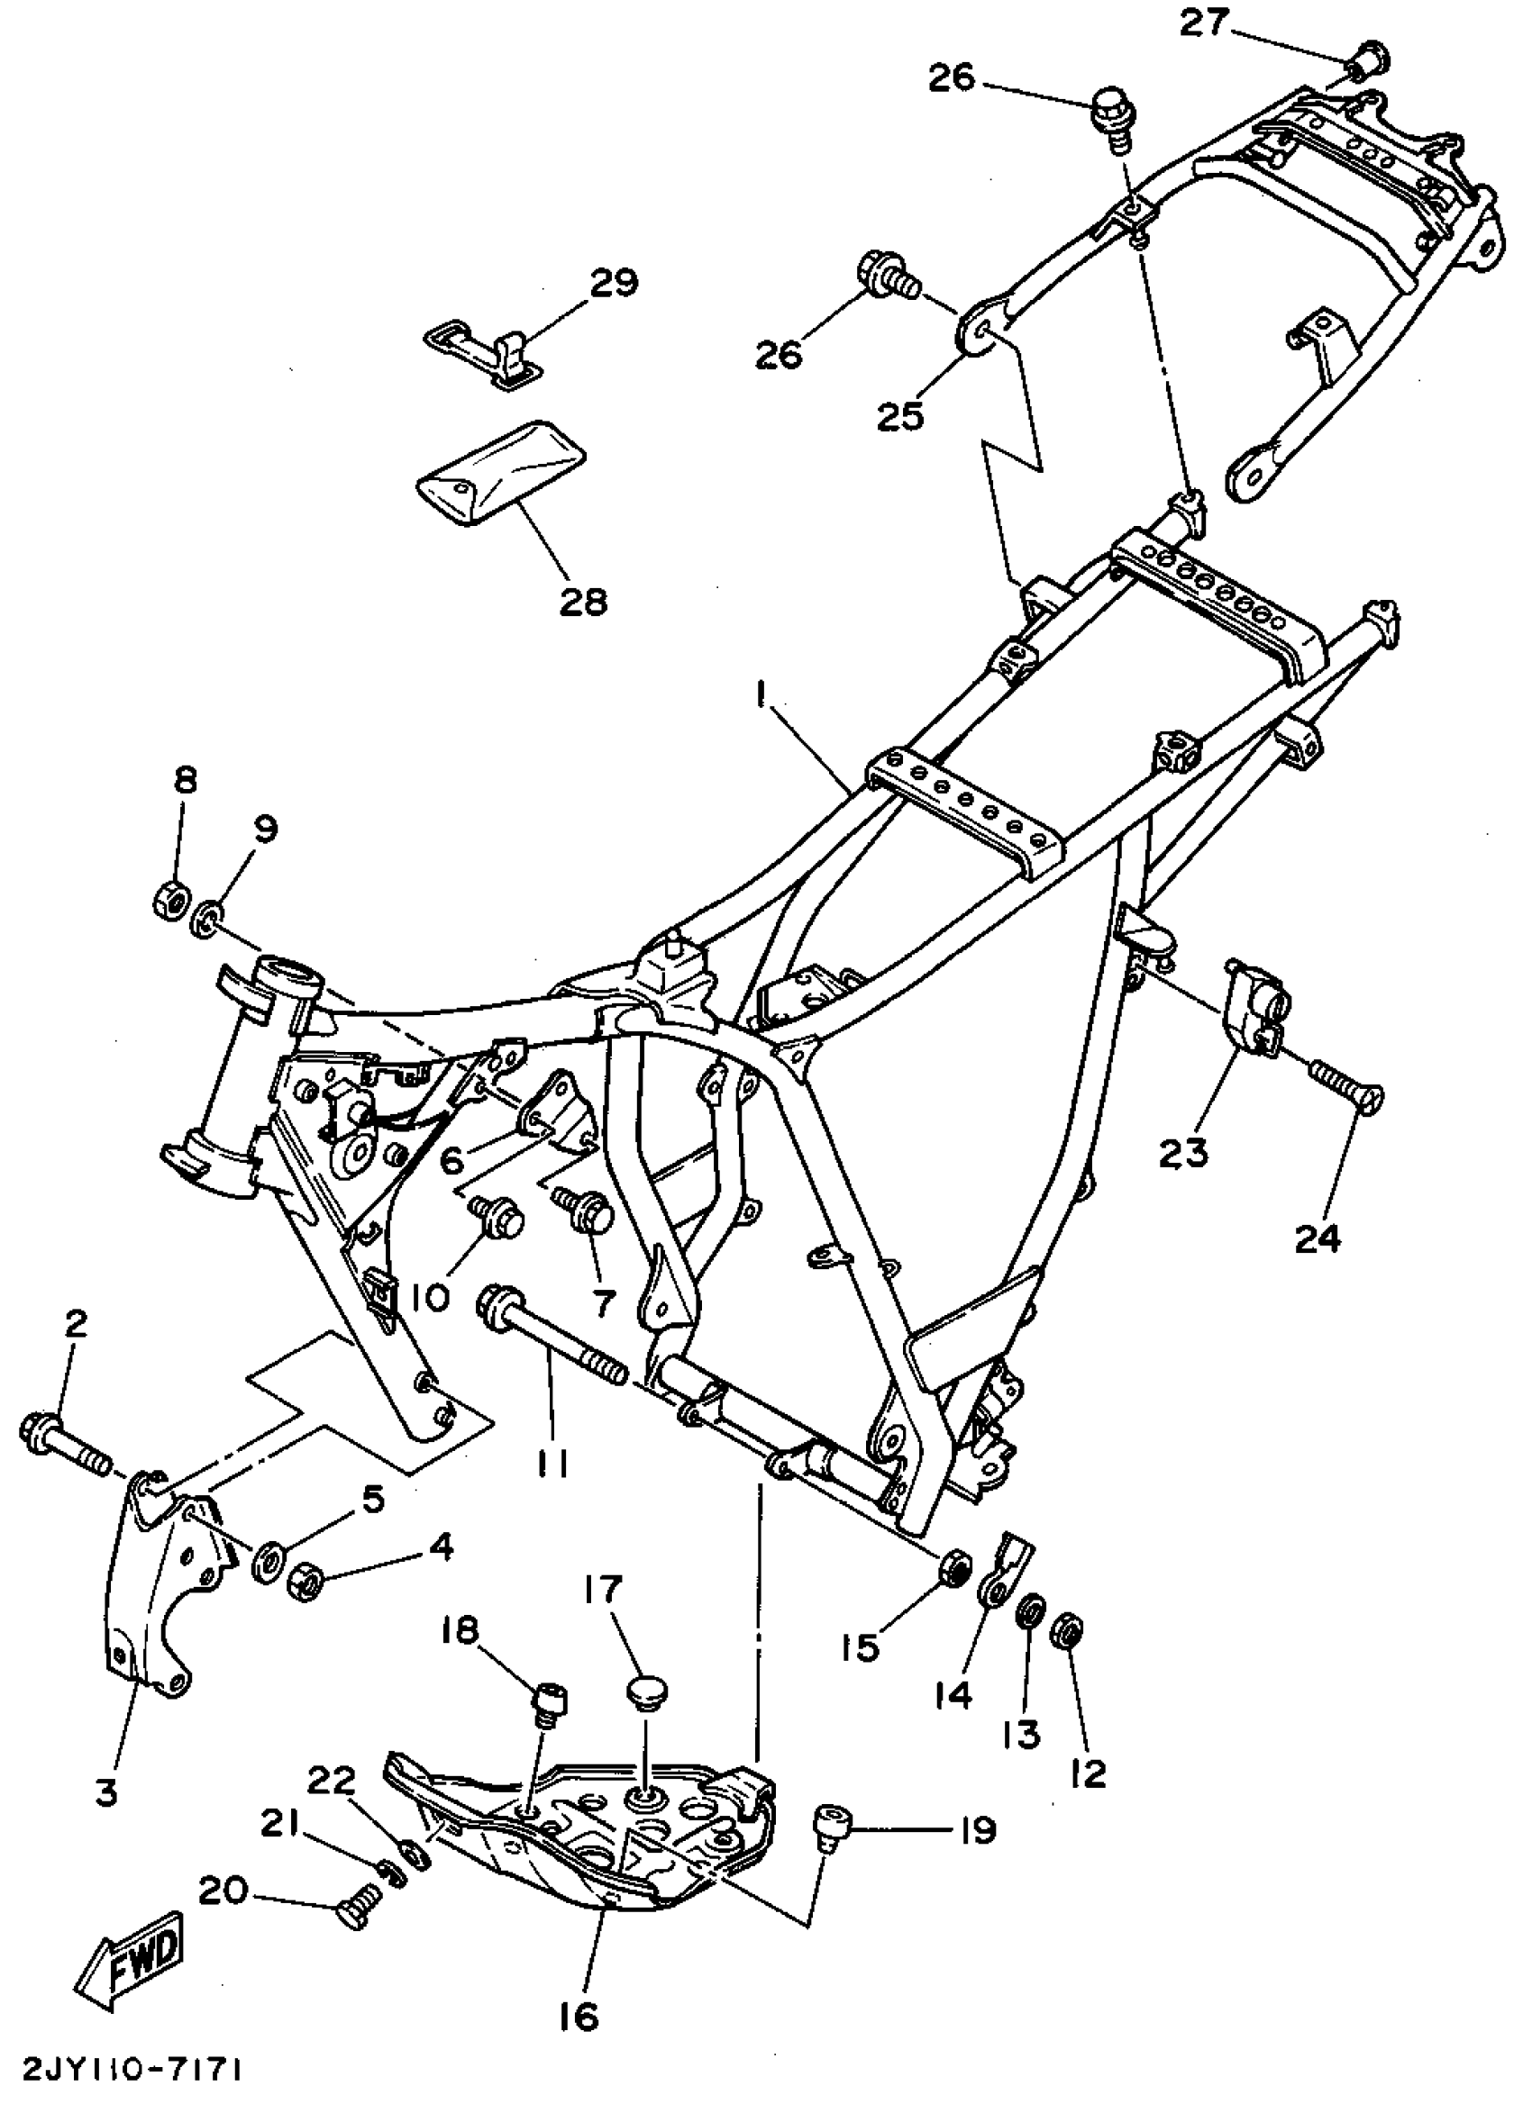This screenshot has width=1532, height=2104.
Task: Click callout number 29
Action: click(x=615, y=282)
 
